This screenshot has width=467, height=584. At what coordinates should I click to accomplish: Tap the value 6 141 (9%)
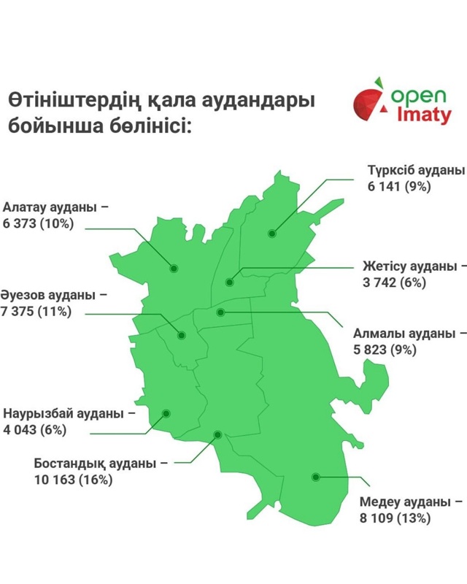coord(401,186)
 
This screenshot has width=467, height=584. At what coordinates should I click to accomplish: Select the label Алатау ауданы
coord(50,207)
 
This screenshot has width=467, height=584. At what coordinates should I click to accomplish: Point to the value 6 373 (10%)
coord(38,223)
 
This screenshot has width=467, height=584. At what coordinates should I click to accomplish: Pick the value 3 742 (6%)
coord(394,283)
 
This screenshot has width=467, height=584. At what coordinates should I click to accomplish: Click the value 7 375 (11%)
coord(36,312)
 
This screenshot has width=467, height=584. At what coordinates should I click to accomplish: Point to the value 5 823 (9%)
coord(385,350)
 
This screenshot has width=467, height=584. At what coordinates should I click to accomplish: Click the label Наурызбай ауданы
coord(63,413)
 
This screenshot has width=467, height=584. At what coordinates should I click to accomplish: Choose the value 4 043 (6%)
coord(35,430)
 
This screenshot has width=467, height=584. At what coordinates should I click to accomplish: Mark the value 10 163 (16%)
coord(73,480)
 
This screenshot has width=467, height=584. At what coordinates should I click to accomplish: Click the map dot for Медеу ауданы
coord(316,477)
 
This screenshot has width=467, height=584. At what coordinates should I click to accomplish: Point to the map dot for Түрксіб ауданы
coord(271,234)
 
